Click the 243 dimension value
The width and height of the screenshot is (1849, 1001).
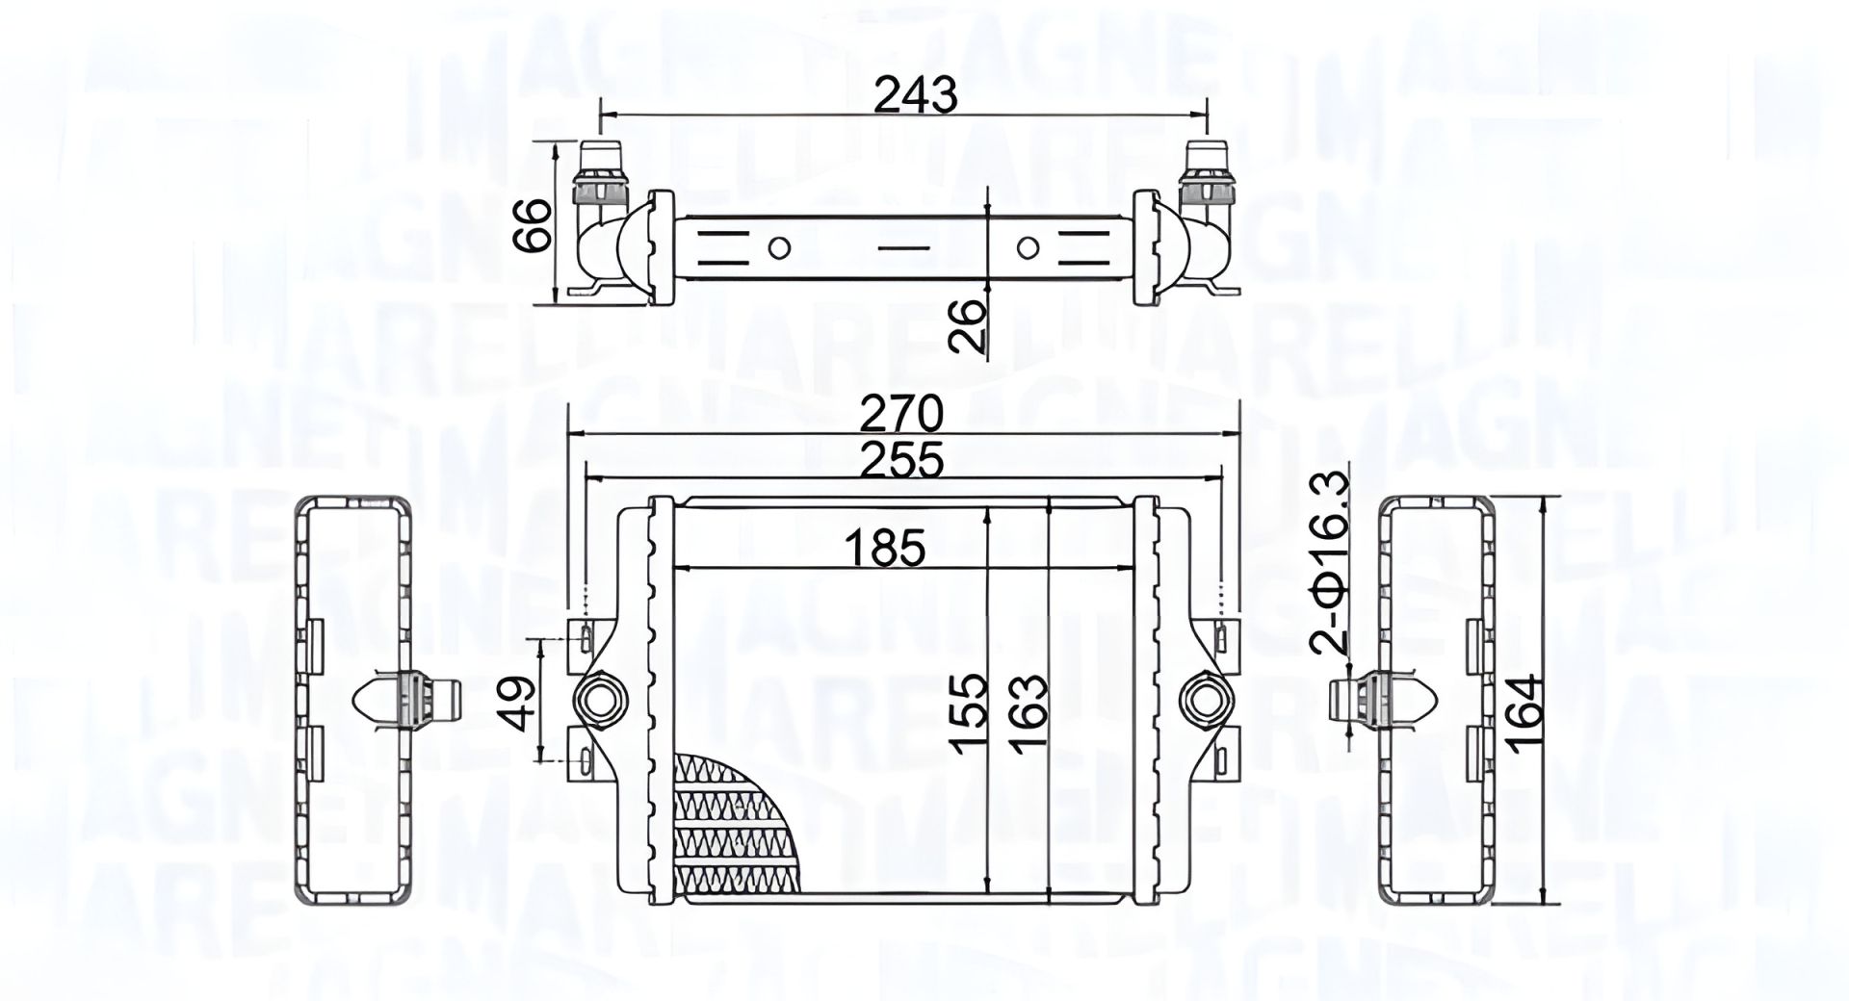click(916, 94)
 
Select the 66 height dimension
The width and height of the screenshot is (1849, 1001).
click(532, 225)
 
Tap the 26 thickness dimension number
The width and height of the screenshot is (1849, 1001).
click(967, 325)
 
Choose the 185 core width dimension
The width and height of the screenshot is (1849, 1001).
click(885, 549)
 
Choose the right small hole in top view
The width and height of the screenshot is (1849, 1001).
click(1028, 248)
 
